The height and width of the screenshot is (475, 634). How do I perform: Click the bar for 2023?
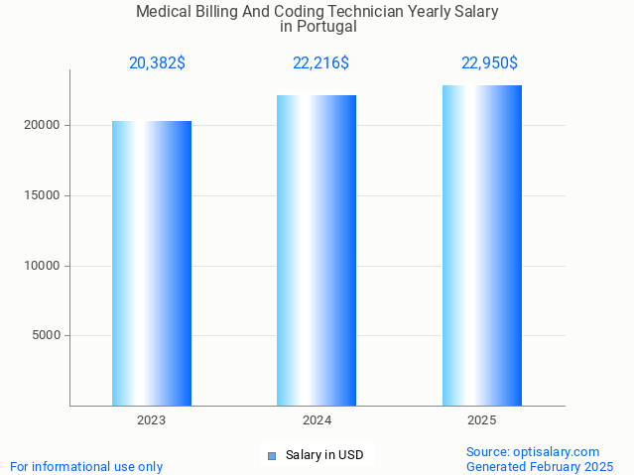152,263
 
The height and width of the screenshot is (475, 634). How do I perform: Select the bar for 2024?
317,250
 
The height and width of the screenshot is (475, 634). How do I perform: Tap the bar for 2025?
482,245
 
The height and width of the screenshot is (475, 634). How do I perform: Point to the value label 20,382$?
157,63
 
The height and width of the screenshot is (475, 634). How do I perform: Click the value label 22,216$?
320,63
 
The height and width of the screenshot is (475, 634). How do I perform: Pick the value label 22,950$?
489,63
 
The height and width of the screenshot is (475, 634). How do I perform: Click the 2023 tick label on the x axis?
152,420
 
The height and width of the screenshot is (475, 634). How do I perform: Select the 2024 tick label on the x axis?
317,420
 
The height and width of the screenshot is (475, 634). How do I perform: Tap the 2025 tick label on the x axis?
482,420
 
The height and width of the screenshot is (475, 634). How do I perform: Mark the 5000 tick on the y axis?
47,335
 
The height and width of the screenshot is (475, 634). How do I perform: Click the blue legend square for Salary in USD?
271,456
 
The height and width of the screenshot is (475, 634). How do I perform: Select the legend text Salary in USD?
324,456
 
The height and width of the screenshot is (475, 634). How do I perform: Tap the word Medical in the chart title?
163,12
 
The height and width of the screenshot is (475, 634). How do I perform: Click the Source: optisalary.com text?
533,452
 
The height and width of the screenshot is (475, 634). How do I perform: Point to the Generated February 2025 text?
540,467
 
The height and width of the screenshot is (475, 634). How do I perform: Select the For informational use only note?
86,467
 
